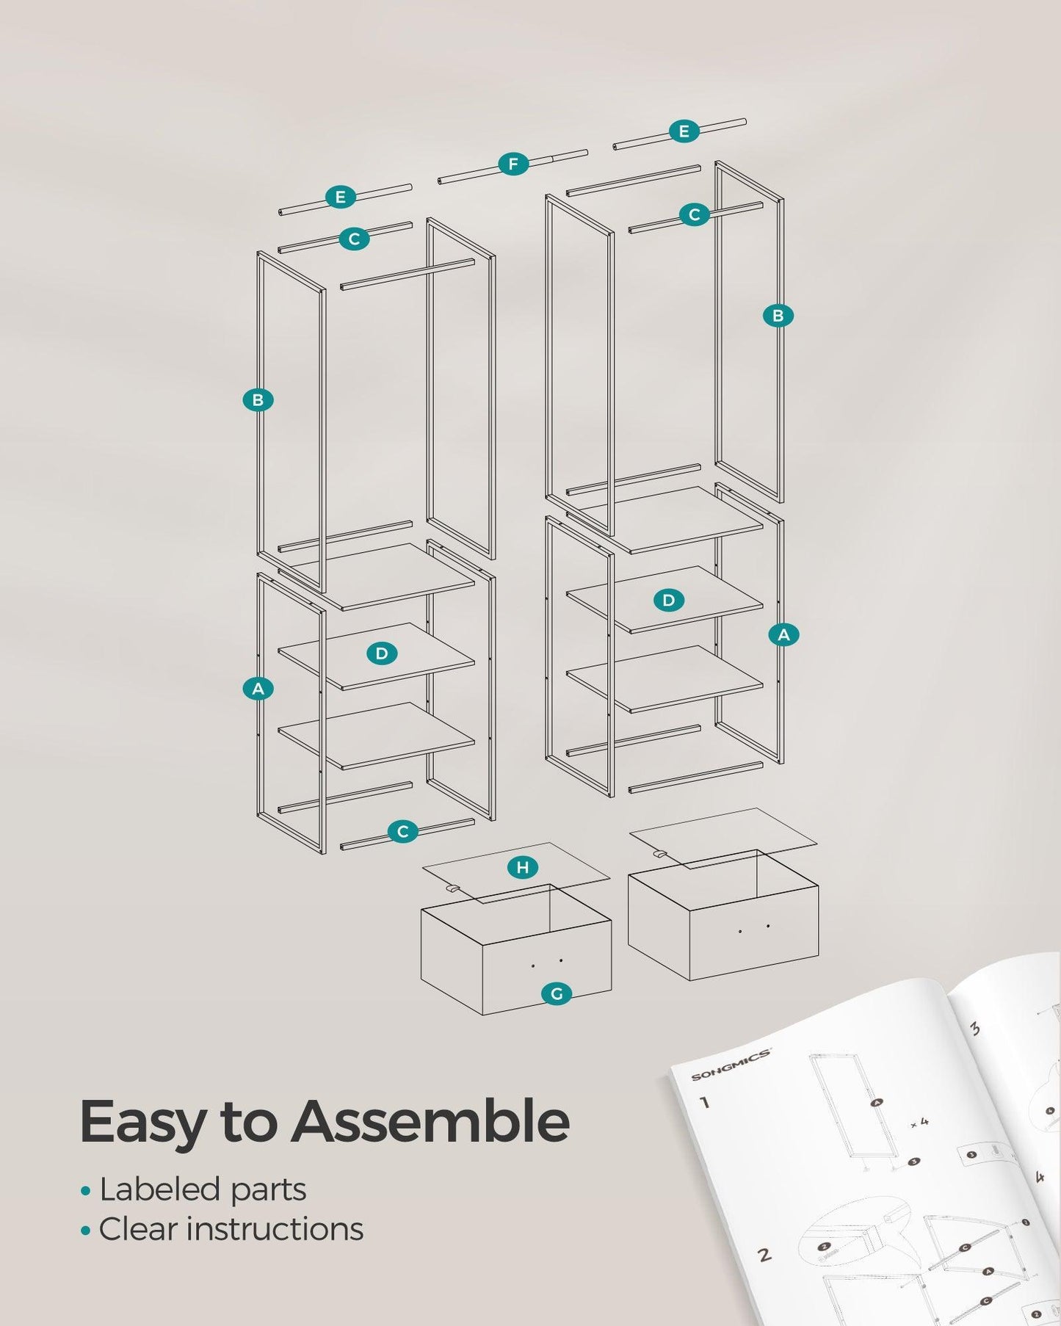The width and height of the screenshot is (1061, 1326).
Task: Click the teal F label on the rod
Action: coord(513,164)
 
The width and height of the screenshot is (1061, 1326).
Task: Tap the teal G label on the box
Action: coord(557,994)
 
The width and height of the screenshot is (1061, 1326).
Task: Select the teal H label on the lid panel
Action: coord(522,868)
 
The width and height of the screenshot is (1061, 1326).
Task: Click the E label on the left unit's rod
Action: coord(340,197)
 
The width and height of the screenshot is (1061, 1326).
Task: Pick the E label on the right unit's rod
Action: coord(684,131)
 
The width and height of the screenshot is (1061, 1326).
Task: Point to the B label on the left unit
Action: coord(258,400)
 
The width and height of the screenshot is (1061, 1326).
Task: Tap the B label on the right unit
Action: coord(778,316)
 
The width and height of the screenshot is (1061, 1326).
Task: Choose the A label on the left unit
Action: coord(258,689)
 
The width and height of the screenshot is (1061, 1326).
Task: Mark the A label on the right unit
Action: coord(783,634)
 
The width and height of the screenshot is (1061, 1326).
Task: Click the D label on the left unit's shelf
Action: coord(382,653)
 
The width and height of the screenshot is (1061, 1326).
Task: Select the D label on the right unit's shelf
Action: coord(668,600)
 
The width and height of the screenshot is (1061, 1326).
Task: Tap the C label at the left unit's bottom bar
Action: coord(402,832)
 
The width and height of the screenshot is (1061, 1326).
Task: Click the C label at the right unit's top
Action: coord(694,214)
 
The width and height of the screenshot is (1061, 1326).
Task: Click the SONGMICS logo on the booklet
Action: coord(731,1065)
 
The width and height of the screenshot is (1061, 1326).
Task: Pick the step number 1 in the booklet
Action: coord(705,1101)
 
